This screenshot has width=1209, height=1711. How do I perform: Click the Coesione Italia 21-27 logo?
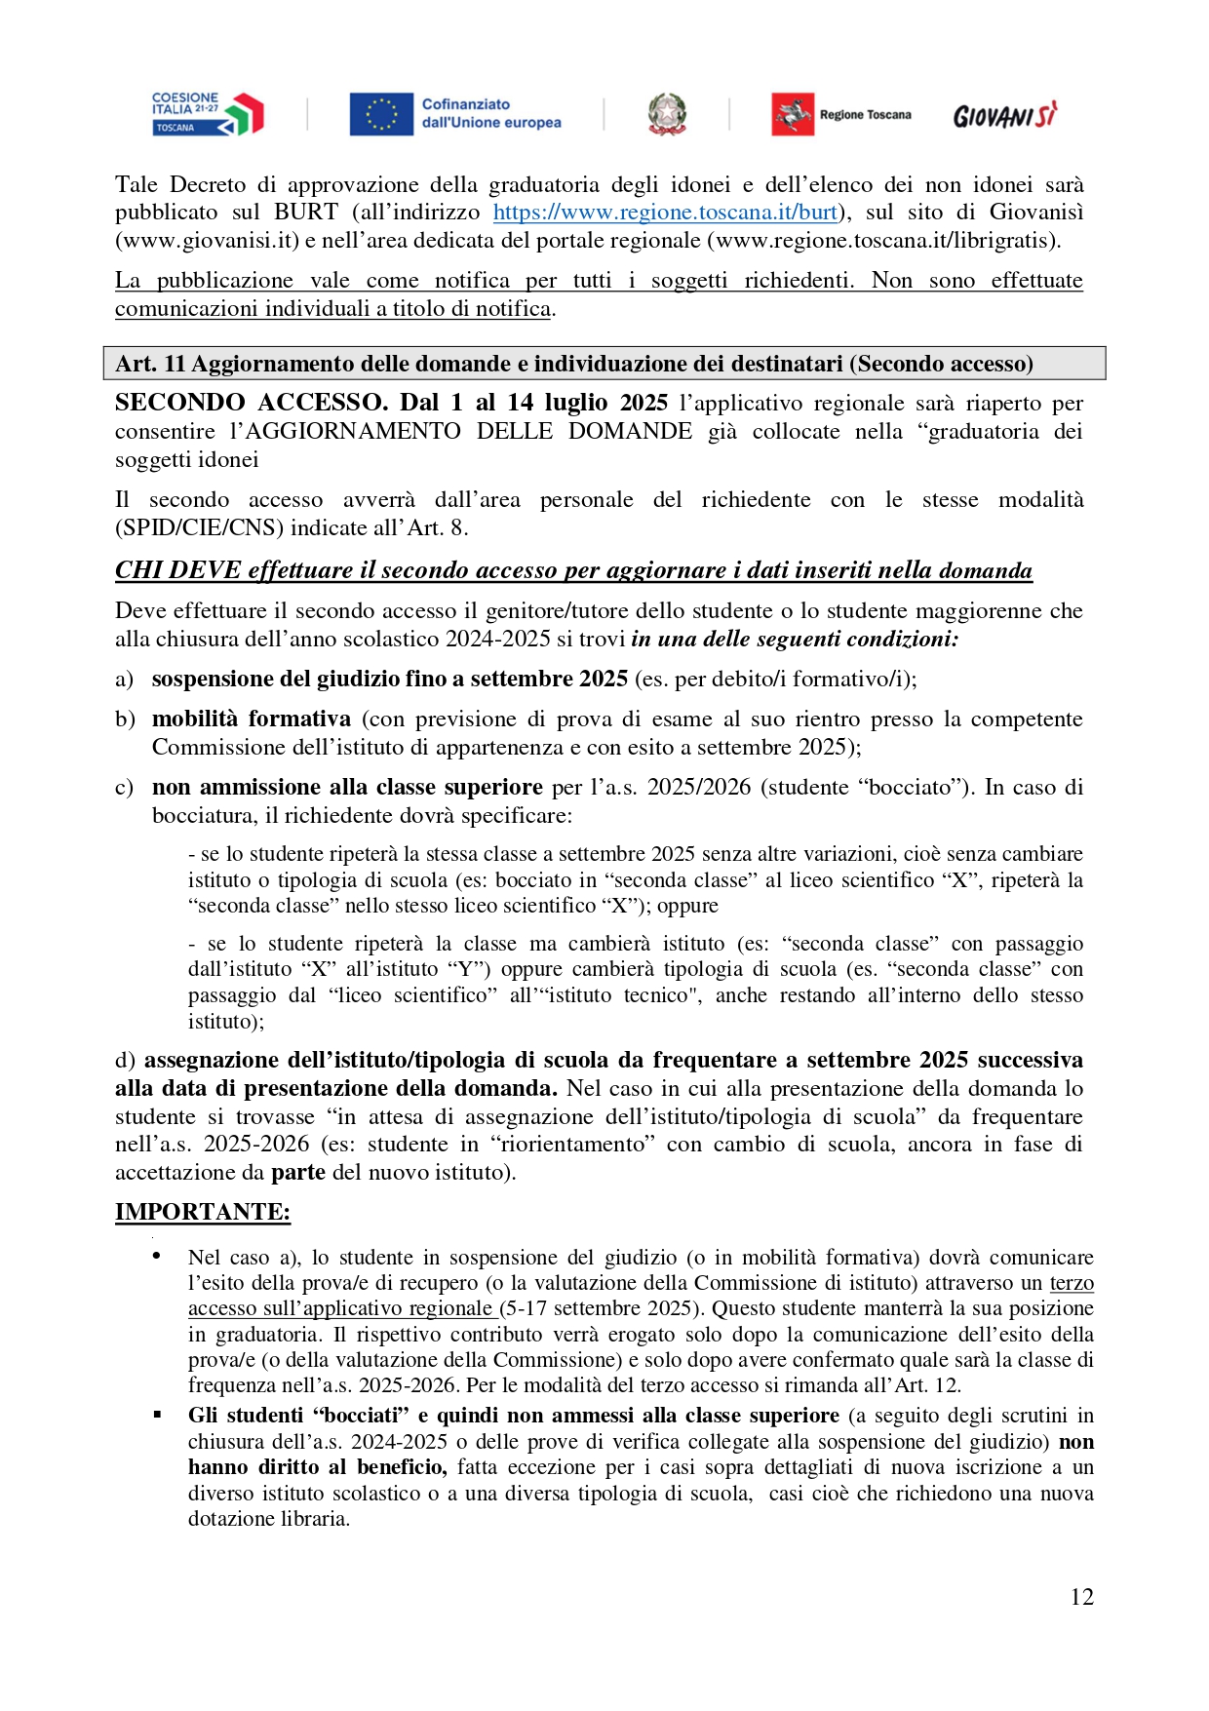[x=207, y=114]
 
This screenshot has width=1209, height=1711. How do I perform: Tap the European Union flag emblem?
[x=381, y=114]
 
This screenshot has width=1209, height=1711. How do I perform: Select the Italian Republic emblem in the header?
[x=667, y=114]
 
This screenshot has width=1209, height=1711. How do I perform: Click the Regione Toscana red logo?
[x=793, y=114]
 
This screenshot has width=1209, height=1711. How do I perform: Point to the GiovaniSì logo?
[x=1004, y=116]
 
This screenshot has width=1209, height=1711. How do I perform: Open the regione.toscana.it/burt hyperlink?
[x=665, y=213]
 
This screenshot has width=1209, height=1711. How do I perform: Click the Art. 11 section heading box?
[x=604, y=364]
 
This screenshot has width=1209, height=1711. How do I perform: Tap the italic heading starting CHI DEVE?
[x=573, y=570]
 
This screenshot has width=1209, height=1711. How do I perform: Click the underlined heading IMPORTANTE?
[x=203, y=1212]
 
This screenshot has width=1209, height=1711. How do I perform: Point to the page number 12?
[x=1081, y=1596]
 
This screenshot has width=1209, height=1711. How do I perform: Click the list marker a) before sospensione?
[x=124, y=680]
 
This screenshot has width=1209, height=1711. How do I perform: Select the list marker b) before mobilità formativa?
[x=125, y=719]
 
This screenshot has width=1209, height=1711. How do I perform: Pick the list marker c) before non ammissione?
[x=124, y=788]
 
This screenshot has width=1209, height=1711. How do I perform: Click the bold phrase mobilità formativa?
[x=251, y=719]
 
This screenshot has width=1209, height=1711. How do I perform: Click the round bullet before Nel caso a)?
[x=157, y=1257]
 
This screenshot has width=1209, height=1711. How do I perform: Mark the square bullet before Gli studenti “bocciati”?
[x=157, y=1415]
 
